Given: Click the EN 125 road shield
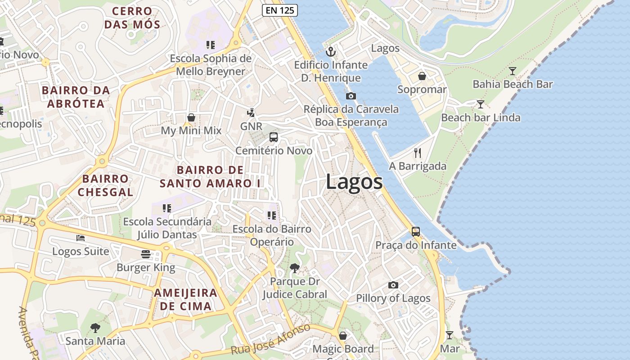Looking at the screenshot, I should (x=280, y=10).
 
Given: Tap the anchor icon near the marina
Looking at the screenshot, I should (x=331, y=52).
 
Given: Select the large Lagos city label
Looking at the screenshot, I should (x=354, y=182).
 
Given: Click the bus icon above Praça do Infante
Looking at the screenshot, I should (x=416, y=232).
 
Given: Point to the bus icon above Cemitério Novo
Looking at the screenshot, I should (x=274, y=137).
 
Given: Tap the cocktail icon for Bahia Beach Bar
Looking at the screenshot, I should (x=513, y=71).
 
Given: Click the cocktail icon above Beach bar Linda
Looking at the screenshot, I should (x=481, y=104).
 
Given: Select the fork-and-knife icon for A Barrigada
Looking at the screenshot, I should (x=418, y=153).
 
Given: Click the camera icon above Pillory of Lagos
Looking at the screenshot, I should (x=393, y=285).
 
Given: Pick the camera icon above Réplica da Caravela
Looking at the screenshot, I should (x=351, y=96).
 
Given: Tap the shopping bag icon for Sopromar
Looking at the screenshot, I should (x=422, y=76).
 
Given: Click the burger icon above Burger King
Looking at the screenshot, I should (x=145, y=254).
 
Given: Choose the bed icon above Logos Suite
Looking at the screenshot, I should (x=81, y=238).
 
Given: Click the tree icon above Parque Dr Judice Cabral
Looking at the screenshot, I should (x=295, y=268).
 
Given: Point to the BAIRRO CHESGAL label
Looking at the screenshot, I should (x=105, y=185).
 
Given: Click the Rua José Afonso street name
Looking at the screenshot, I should (x=271, y=338).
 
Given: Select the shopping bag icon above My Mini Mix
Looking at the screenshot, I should (x=191, y=117).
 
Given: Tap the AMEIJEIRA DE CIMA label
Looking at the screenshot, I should (x=185, y=300).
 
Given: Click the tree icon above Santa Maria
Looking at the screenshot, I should (x=95, y=328).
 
